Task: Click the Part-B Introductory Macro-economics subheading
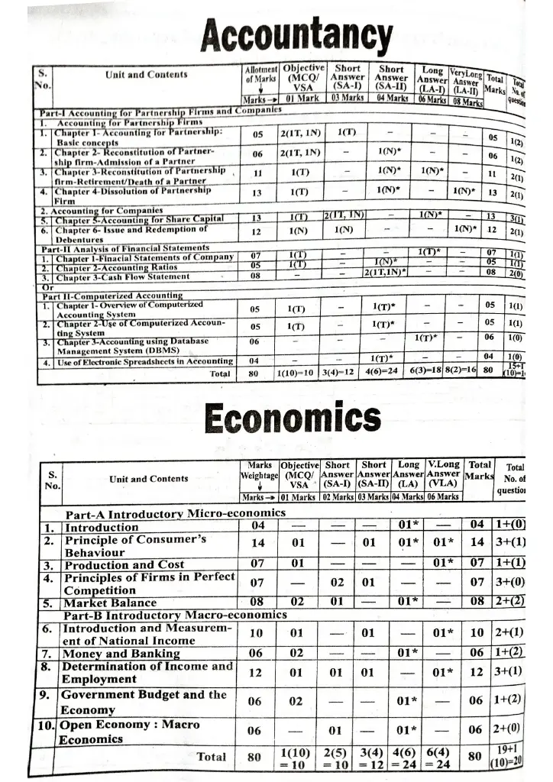pyautogui.click(x=175, y=615)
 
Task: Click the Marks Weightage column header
pyautogui.click(x=260, y=470)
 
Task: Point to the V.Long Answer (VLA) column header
pyautogui.click(x=444, y=473)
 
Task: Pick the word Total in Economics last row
pyautogui.click(x=212, y=757)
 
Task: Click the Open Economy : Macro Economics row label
pyautogui.click(x=130, y=732)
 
